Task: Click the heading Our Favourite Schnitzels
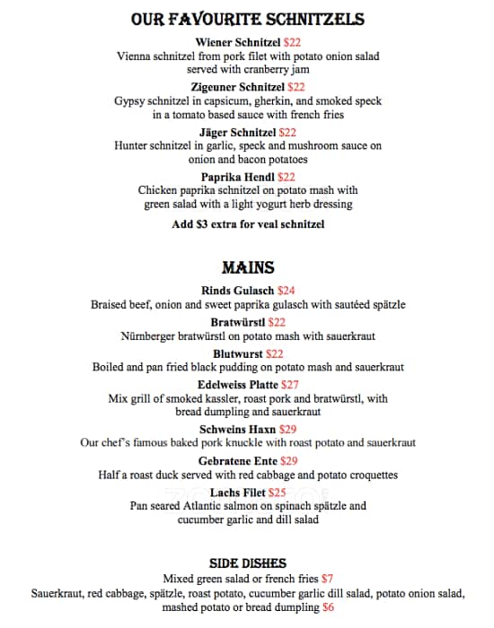pos(247,19)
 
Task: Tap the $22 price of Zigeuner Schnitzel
pos(296,87)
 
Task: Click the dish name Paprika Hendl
pos(238,177)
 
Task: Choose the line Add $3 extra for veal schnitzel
pos(248,224)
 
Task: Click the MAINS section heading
pos(247,267)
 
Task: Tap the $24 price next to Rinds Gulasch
pos(286,291)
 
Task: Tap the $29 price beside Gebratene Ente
pos(288,461)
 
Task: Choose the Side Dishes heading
pos(247,563)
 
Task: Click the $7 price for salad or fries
pos(327,579)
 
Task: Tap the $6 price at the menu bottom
pos(329,607)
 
